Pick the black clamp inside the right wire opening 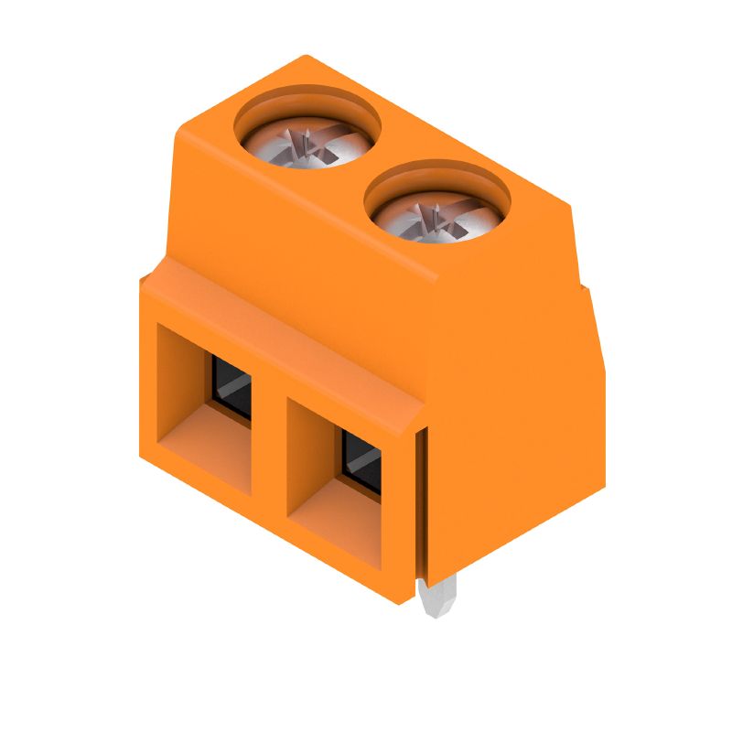361,463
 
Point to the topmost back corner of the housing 306,57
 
